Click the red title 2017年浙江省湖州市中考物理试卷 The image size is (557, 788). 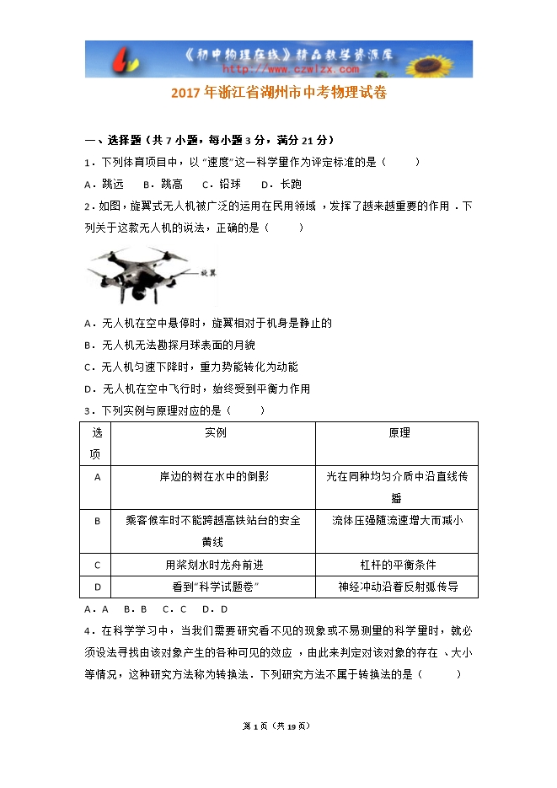click(278, 94)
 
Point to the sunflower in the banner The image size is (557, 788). click(447, 59)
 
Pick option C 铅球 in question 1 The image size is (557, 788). click(222, 184)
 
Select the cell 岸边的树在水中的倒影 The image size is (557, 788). click(214, 476)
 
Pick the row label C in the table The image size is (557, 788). click(97, 565)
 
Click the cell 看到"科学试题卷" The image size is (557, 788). click(214, 587)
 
